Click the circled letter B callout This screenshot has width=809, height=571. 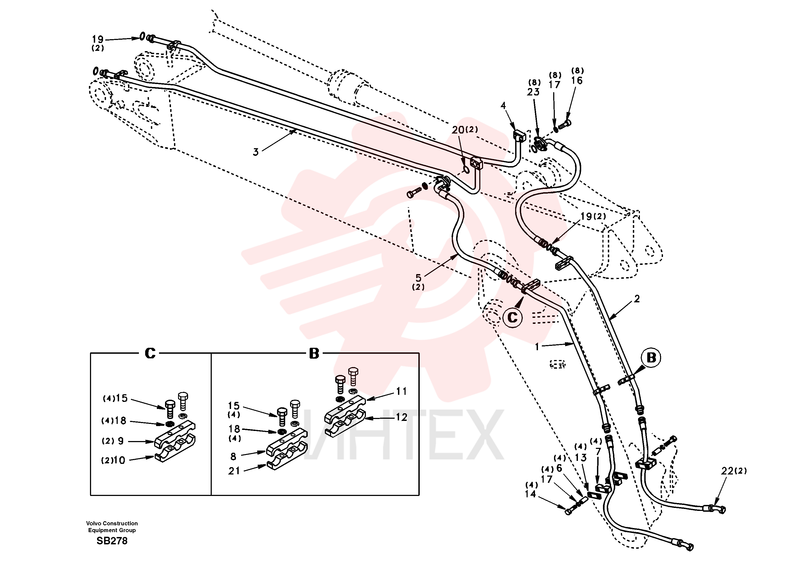click(651, 358)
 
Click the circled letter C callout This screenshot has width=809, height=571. click(512, 318)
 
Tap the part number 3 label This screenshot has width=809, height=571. click(256, 152)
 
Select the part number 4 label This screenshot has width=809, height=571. click(503, 105)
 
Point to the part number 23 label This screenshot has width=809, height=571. click(533, 92)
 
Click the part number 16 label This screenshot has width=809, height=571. click(577, 81)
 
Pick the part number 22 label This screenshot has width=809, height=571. click(727, 471)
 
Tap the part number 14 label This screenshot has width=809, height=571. click(530, 494)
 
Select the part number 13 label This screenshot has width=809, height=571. click(581, 458)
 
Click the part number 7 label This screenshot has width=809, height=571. click(598, 452)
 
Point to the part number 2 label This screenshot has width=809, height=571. click(637, 299)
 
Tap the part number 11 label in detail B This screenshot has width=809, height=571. click(401, 391)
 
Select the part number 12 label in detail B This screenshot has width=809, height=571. click(401, 417)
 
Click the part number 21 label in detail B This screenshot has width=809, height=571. click(234, 471)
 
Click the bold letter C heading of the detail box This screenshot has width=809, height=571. click(150, 353)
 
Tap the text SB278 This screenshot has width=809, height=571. click(112, 541)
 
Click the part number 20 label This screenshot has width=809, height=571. click(458, 130)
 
